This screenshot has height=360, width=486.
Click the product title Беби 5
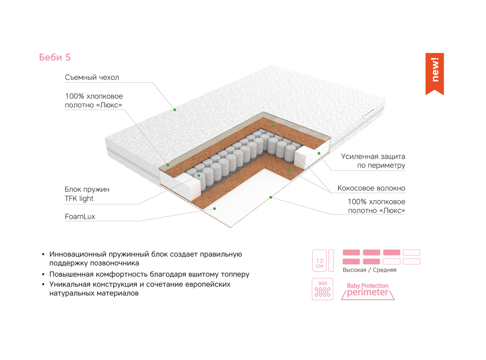55,57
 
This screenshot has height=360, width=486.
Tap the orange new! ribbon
435,73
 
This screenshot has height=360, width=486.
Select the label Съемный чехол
92,77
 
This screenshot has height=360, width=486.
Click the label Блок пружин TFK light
87,194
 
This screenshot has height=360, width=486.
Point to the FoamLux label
80,217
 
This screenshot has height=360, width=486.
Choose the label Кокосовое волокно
371,188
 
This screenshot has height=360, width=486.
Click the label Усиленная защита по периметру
373,161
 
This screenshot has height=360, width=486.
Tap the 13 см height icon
323,260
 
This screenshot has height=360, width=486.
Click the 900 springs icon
323,289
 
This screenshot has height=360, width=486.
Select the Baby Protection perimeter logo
368,291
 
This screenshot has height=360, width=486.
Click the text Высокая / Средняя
369,270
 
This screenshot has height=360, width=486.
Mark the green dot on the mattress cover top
175,110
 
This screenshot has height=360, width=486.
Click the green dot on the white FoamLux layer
214,209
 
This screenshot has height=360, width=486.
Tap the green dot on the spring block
199,176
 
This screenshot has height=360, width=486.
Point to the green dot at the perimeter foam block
319,153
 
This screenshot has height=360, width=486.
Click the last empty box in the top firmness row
412,253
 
